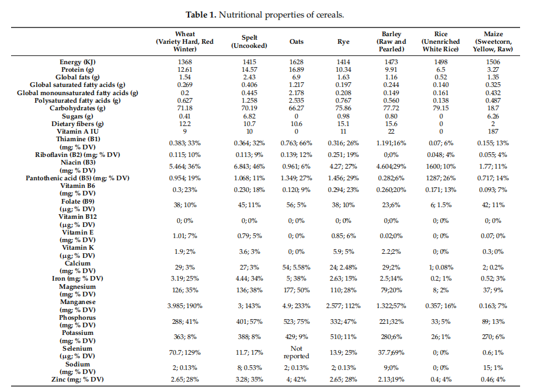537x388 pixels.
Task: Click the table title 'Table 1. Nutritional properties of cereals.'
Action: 265,15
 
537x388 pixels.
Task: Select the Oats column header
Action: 297,41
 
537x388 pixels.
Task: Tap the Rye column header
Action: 343,41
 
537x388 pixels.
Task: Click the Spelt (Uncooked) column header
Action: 249,41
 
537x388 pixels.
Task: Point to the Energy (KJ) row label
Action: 78,62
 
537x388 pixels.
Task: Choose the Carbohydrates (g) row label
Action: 78,108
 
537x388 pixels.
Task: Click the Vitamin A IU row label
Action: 78,131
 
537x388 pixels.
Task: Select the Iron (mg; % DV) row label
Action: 78,278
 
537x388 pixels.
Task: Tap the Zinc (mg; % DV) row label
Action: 78,379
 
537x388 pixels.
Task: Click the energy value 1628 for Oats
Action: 297,62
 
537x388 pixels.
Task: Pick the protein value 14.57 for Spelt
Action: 249,69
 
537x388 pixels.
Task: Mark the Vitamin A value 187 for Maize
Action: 493,131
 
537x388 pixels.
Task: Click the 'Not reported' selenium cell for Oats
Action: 297,352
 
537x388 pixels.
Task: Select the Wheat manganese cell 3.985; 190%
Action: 184,306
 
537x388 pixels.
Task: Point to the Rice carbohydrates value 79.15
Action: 441,108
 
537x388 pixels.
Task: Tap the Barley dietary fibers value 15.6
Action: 391,124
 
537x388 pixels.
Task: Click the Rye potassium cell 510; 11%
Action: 343,337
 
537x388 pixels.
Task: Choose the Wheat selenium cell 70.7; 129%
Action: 184,352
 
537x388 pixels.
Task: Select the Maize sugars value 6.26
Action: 493,117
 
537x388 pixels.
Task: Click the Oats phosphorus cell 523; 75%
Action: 297,321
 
